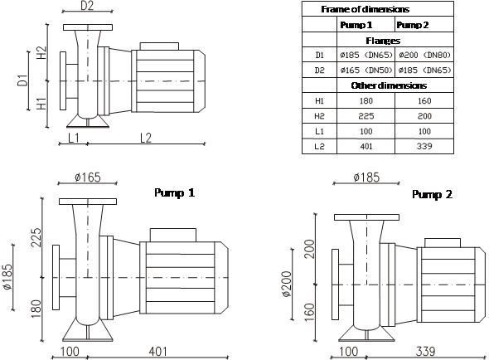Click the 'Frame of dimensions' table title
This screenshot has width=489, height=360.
365,9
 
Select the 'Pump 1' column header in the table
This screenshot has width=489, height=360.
356,25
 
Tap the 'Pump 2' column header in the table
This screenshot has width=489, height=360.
413,25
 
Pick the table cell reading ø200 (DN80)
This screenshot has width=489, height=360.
424,55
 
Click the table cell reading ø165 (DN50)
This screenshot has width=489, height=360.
366,70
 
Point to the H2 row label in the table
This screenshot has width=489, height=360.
319,116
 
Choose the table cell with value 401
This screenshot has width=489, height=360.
366,146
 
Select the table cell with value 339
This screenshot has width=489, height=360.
424,146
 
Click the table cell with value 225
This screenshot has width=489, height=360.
366,116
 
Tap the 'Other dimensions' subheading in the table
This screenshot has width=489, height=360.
389,85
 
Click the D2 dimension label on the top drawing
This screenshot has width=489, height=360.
87,6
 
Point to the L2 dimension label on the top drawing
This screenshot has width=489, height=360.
146,138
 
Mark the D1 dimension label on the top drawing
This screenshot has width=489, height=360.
23,80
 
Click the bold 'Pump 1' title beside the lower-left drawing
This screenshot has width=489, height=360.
175,192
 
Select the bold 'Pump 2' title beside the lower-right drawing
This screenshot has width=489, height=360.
433,195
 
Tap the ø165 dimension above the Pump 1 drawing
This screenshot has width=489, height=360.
88,178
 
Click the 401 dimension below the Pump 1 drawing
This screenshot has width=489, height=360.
157,352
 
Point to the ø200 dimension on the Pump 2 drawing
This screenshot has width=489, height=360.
286,284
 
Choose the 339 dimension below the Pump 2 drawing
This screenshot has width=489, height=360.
425,352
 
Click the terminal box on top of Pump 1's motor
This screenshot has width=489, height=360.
173,235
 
